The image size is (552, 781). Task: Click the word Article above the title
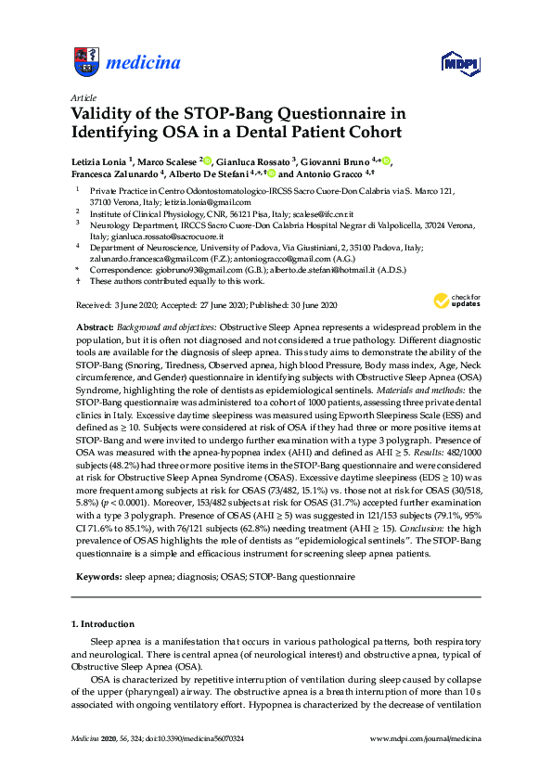click(83, 97)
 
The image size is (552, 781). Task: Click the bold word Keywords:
click(98, 576)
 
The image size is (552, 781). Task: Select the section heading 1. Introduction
click(109, 622)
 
